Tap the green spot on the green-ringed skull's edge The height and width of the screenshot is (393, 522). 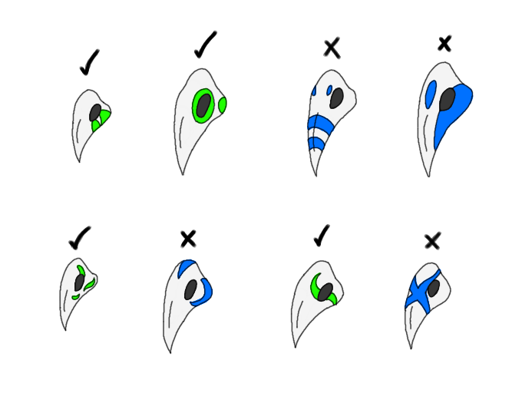coord(223,105)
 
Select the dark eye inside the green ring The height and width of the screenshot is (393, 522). coord(203,106)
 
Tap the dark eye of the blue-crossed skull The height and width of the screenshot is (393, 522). coord(434,289)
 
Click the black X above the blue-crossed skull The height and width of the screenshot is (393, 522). coord(432,241)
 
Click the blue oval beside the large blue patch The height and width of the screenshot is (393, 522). coord(431,94)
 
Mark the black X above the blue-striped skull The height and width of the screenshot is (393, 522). coord(332,48)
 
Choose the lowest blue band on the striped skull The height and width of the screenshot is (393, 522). coord(316,144)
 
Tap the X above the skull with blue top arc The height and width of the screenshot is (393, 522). coord(188,239)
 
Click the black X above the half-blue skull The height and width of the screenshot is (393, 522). coord(444,44)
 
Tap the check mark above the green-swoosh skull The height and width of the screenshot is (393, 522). coord(322,236)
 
